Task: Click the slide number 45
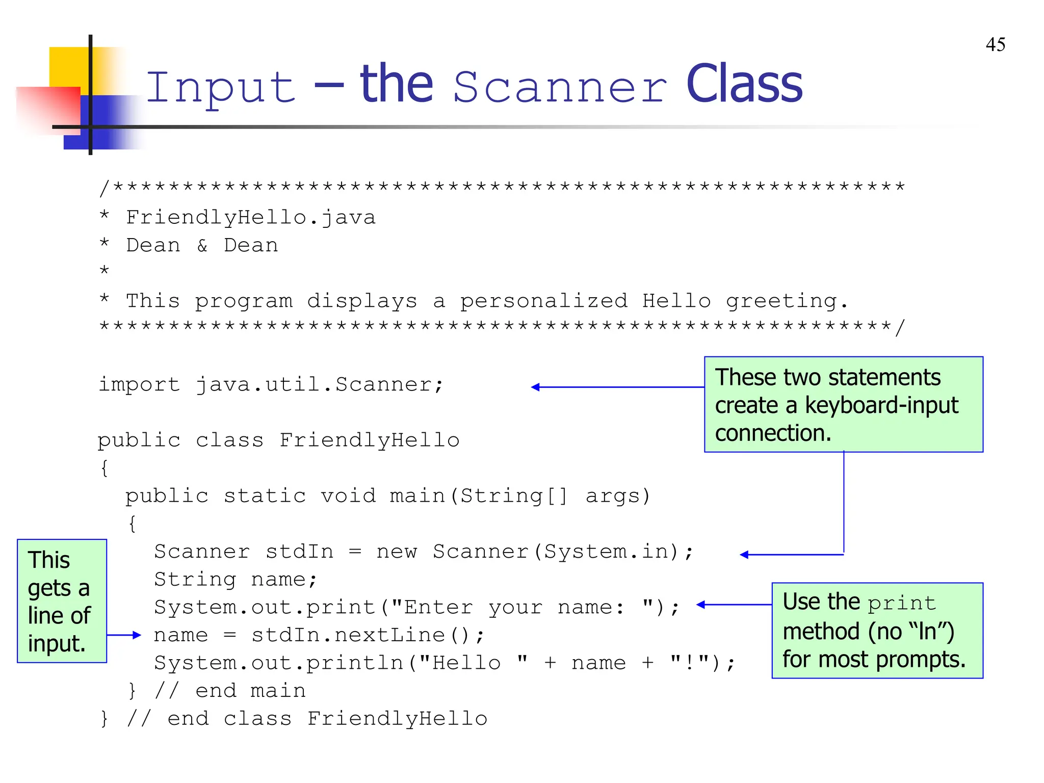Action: point(995,45)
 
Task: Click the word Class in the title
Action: point(744,85)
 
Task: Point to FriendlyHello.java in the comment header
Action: point(250,218)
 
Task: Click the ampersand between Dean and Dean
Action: point(202,246)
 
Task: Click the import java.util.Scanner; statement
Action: point(271,385)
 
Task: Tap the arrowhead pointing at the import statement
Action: point(535,387)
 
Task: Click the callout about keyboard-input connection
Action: point(843,404)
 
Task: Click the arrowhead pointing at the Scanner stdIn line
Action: point(744,555)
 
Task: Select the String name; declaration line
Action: point(236,580)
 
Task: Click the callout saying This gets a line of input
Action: point(62,601)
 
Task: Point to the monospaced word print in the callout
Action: point(902,604)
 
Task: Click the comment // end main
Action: point(230,691)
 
